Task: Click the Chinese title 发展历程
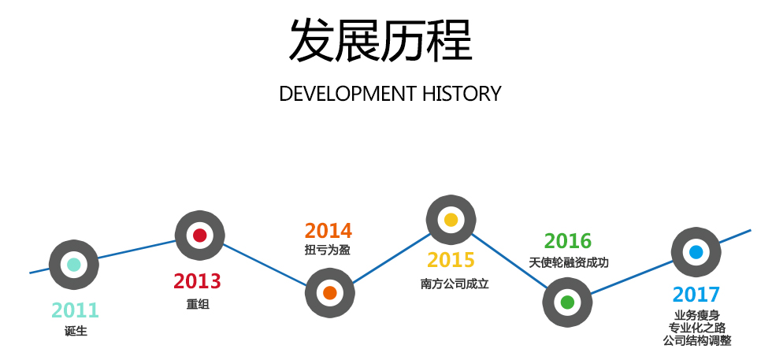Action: pyautogui.click(x=380, y=40)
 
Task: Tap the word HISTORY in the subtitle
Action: pyautogui.click(x=462, y=94)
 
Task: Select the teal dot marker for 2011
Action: pyautogui.click(x=74, y=265)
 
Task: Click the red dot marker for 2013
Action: pyautogui.click(x=200, y=236)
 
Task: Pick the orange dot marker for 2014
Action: pyautogui.click(x=330, y=293)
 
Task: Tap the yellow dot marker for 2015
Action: pyautogui.click(x=451, y=220)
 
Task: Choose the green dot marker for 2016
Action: pyautogui.click(x=568, y=302)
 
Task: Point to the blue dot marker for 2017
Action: pyautogui.click(x=696, y=252)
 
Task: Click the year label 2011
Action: pyautogui.click(x=76, y=310)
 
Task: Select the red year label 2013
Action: pyautogui.click(x=197, y=281)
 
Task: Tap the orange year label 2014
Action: pyautogui.click(x=328, y=231)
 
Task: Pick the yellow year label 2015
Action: pyautogui.click(x=451, y=260)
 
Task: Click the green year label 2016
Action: pyautogui.click(x=568, y=241)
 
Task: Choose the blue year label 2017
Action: pyautogui.click(x=696, y=295)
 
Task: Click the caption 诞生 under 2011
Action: pyautogui.click(x=76, y=331)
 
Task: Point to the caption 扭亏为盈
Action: pyautogui.click(x=328, y=251)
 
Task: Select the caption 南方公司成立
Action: pyautogui.click(x=455, y=284)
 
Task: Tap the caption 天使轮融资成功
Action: pyautogui.click(x=569, y=262)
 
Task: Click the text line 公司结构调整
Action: pyautogui.click(x=696, y=340)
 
